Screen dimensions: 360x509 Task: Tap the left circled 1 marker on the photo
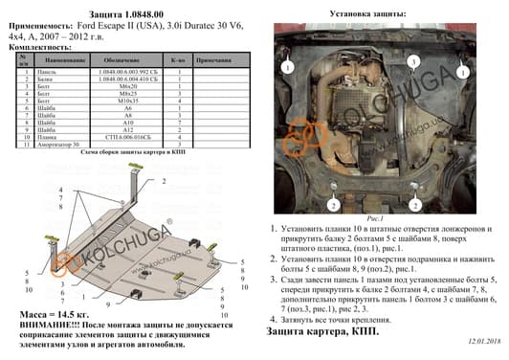point(285,68)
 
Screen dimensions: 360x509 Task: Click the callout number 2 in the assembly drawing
point(165,180)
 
